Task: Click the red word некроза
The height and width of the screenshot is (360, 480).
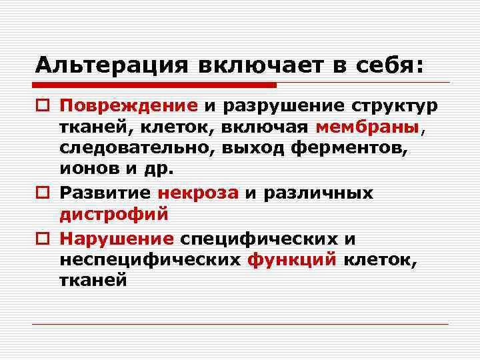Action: [198, 193]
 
